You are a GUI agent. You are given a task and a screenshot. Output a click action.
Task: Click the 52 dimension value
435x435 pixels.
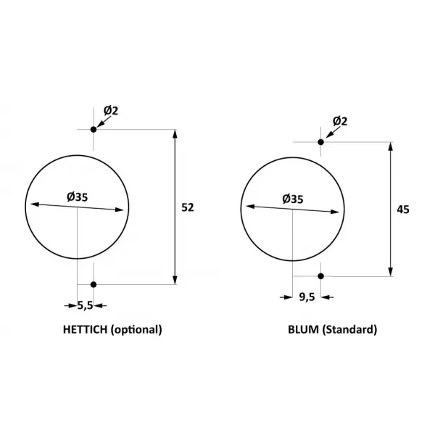pos(188,207)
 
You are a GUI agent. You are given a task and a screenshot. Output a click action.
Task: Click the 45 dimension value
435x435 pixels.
pos(403,210)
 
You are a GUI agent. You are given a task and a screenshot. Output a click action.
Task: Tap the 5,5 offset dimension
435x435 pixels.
pos(85,306)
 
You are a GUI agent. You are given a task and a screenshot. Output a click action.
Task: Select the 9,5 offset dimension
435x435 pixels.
pos(307,297)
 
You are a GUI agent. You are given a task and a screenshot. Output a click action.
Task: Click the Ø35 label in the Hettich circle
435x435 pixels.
pos(77,197)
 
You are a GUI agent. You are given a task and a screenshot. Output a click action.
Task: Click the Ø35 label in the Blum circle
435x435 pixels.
pos(293,199)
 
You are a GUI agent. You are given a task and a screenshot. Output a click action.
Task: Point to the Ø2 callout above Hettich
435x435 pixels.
pos(111,111)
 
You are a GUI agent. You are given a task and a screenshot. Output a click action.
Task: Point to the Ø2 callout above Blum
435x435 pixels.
pos(340,121)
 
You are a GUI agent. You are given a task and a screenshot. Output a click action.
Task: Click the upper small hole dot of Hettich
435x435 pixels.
pos(94,130)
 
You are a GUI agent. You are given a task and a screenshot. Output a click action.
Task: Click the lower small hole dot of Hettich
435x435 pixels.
pos(94,285)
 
